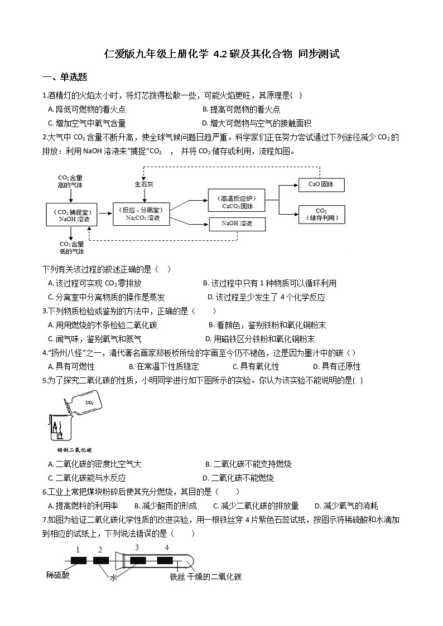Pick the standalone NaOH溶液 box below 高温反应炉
coord(237,224)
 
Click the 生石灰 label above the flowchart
coord(144,182)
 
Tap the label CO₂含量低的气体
coord(71,248)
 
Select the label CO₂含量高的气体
coord(70,181)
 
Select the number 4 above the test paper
coord(166,549)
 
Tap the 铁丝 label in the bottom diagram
coord(177,577)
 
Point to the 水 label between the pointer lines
coord(114,578)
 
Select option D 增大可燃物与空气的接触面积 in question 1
coord(257,123)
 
